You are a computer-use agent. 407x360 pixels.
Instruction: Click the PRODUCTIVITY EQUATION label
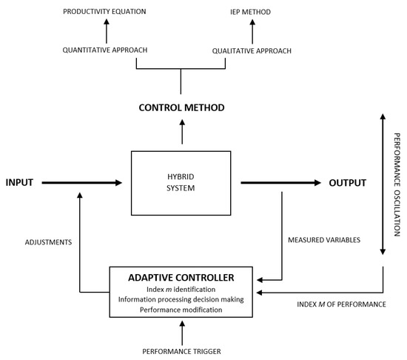[x=105, y=12]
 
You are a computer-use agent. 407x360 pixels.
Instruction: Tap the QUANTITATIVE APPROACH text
[x=105, y=50]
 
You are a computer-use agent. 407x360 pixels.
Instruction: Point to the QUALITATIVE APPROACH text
[x=252, y=50]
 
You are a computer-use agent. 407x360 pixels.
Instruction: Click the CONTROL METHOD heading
[x=181, y=108]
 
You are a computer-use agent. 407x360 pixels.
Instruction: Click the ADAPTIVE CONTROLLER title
[x=181, y=277]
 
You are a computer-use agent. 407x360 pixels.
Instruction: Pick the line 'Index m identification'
[x=181, y=290]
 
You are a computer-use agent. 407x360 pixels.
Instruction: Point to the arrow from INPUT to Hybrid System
[x=81, y=181]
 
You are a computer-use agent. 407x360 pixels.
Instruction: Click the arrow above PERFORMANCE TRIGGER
[x=181, y=332]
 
